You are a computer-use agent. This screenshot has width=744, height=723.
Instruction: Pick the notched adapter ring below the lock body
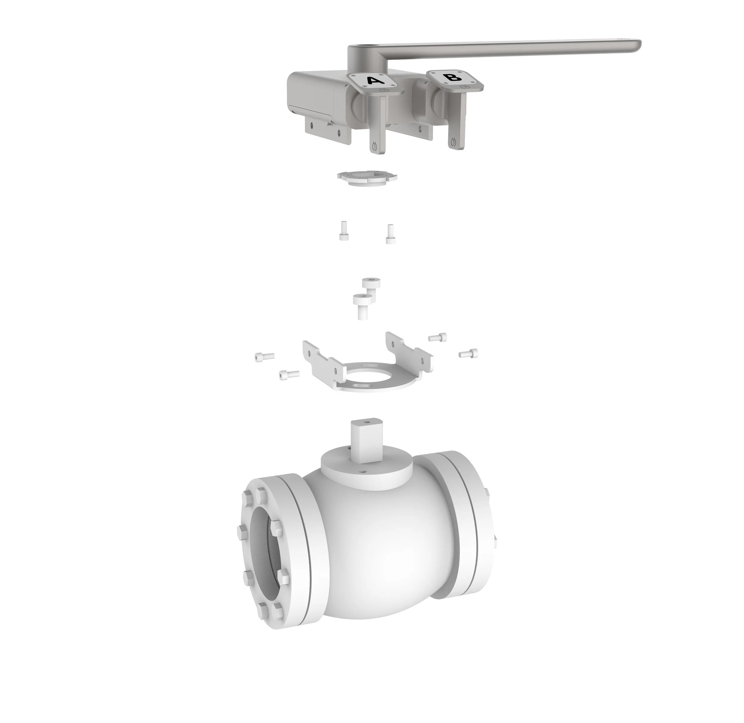[x=367, y=177]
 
